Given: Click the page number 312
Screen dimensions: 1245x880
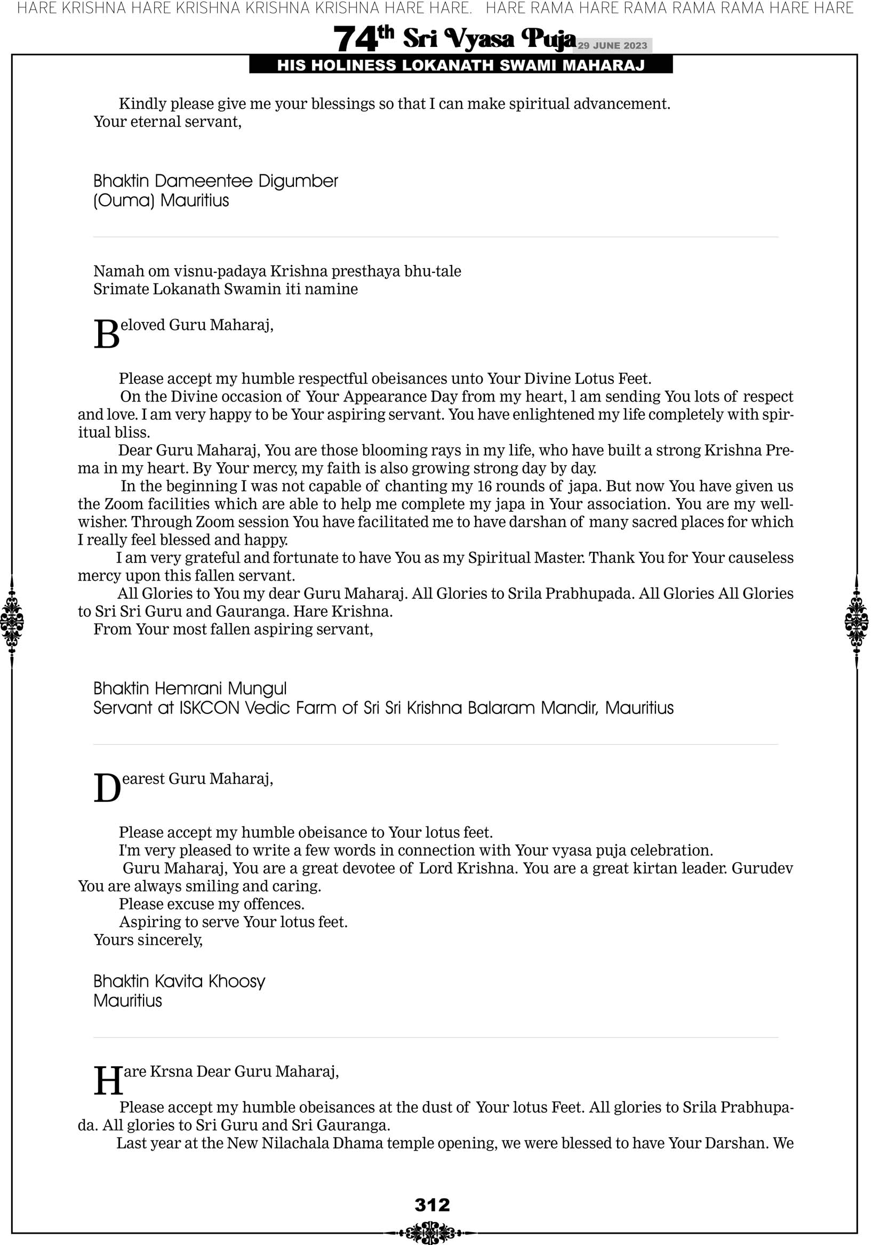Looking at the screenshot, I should point(432,1204).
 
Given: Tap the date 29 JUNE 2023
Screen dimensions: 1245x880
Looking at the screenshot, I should point(612,45).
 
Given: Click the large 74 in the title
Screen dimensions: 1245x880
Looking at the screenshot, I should point(355,39).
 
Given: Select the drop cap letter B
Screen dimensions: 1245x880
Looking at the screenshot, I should point(106,334).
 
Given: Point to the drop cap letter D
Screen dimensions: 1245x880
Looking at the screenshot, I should point(107,789).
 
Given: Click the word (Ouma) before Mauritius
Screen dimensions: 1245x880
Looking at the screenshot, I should point(124,200).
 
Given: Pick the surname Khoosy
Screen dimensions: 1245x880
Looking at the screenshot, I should point(237,981).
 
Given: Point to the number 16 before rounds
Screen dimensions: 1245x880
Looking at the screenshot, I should point(485,486).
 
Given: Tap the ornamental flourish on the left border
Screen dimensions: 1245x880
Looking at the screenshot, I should point(12,621).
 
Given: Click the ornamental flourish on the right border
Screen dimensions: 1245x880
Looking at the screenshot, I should point(857,621).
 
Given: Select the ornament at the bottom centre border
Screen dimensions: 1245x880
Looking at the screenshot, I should point(430,1232).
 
